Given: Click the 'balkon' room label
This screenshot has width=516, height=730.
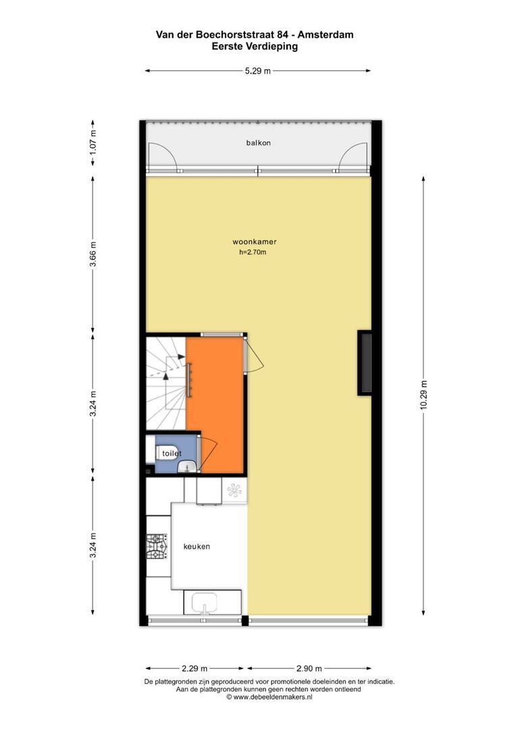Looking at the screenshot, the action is (x=258, y=143).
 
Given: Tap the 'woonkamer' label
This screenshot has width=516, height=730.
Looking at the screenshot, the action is (x=255, y=241).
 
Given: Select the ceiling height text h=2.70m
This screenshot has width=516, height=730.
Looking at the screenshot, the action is (x=253, y=252).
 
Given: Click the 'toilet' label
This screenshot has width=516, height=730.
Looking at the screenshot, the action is (x=172, y=453).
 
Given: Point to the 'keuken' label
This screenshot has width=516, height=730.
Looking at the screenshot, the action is (x=197, y=546).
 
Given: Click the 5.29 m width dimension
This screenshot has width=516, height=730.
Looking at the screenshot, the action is (x=258, y=71).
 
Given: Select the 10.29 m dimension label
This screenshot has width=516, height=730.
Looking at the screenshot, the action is (x=423, y=395).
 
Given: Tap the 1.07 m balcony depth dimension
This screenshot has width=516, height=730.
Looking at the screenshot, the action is (x=93, y=143).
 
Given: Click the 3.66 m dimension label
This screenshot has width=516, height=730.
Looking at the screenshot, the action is (x=93, y=255).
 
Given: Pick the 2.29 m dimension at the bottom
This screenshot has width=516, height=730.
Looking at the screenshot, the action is (x=195, y=668).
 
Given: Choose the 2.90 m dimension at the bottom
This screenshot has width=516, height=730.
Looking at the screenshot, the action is (x=309, y=668).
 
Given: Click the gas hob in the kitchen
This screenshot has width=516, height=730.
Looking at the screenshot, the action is (x=157, y=546).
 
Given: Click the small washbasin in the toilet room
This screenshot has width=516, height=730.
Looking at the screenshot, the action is (x=187, y=465).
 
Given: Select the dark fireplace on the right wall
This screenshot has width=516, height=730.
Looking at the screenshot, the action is (x=364, y=363).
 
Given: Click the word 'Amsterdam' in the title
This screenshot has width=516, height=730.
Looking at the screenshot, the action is (x=326, y=34).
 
